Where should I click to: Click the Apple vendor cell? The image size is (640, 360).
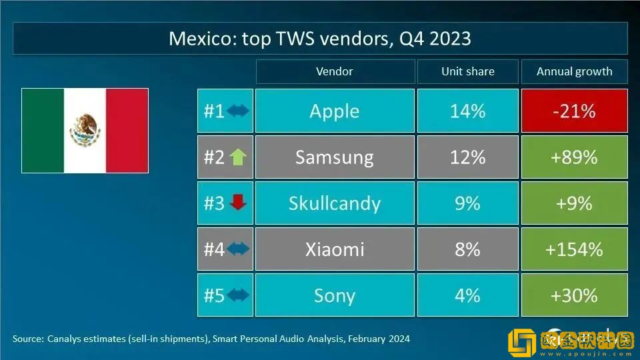[334, 111]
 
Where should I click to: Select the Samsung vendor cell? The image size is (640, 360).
[334, 157]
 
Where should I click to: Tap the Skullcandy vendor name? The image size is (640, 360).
[334, 203]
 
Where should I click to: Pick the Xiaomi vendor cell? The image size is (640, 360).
[334, 249]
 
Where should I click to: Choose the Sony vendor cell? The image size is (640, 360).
[334, 295]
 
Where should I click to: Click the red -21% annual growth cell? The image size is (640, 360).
[573, 111]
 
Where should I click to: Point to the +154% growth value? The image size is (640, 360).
[573, 249]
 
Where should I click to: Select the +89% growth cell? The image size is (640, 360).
[573, 157]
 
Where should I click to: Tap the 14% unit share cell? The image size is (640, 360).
[467, 111]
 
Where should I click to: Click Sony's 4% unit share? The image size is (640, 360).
[467, 295]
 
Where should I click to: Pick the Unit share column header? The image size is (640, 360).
[467, 71]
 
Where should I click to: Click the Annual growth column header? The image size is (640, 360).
[574, 71]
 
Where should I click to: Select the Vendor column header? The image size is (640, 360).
[334, 71]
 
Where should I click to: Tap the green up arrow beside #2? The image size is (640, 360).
[238, 157]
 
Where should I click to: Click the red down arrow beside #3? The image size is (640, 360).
[238, 203]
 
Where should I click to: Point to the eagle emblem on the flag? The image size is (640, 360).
[85, 129]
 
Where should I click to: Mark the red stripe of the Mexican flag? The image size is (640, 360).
[127, 130]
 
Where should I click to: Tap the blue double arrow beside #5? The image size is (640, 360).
[238, 295]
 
